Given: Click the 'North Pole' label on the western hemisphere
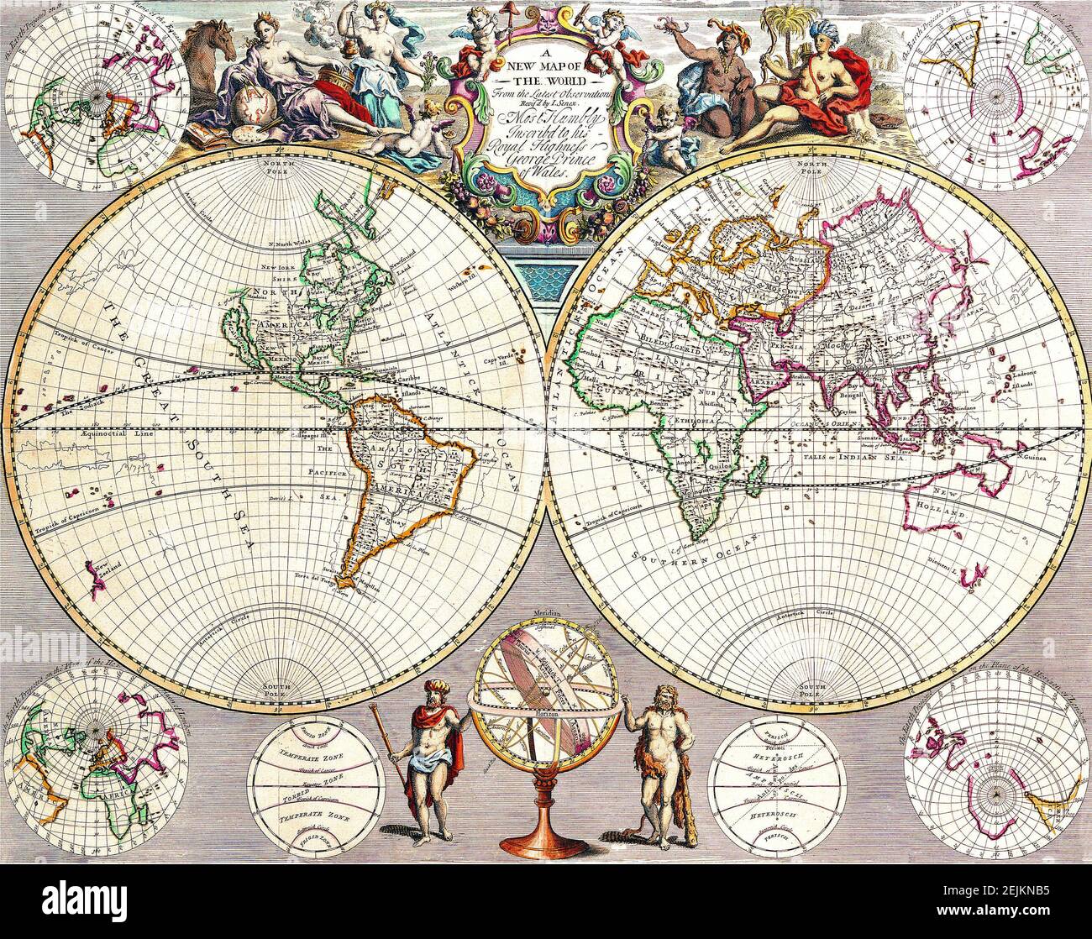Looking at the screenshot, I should (x=276, y=164).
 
